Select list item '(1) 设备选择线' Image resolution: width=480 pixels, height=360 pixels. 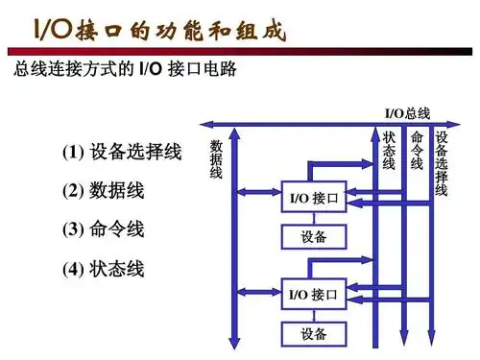pos(122,153)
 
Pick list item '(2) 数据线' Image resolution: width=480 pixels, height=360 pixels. pos(104,191)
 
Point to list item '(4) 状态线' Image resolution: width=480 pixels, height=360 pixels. pos(104,269)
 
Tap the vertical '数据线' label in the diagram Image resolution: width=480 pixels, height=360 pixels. pos(216,159)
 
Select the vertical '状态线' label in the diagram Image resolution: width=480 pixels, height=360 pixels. pos(390,152)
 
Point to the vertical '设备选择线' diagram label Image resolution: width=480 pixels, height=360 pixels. pos(442,163)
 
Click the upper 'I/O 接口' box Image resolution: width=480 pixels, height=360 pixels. pos(313,200)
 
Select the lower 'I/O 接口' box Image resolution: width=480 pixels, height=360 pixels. pos(313,293)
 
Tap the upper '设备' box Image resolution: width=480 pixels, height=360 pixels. pos(313,236)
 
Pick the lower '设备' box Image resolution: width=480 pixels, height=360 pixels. pos(313,334)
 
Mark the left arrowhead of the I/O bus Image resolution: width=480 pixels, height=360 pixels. pos(204,125)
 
